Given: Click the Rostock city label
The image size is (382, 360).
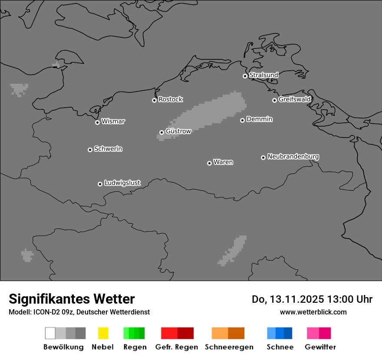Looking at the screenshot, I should pos(170,99).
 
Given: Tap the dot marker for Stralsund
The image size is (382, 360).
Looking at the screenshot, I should pos(245,76).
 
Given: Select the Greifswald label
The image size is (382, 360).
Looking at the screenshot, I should pos(294,99).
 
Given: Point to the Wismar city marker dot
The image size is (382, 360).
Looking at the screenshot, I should pos(97,122).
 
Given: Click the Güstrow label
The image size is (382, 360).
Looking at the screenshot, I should pos(178,131).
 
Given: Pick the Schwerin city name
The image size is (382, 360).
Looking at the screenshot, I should pos(108,149).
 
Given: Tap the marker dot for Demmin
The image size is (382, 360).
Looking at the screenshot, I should pos(242,120).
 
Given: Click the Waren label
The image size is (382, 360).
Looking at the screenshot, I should pos(223,162).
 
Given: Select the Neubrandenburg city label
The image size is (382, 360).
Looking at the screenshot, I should pos(293,156).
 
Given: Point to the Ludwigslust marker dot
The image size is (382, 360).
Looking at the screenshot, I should pos(100,184).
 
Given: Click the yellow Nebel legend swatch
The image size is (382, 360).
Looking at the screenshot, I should pos(103,333).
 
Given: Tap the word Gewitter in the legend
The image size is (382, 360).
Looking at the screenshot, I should pos(320,347).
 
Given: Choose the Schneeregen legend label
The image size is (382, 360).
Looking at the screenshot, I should pos(229,347).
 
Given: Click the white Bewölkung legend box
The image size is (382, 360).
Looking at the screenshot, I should pos(50,333).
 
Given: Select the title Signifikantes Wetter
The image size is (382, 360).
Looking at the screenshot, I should pos(72,299).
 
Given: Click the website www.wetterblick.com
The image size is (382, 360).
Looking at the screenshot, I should pos(313,312).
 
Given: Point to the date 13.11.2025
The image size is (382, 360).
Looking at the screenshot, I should pos(297,299).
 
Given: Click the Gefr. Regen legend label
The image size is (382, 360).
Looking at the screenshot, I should pos(176,347).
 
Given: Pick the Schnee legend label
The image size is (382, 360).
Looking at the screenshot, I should pos(280,347).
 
